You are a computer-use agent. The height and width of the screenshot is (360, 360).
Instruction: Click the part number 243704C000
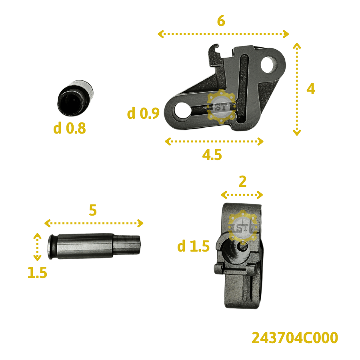coord(295,338)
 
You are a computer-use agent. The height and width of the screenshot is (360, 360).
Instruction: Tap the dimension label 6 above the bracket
coord(221,21)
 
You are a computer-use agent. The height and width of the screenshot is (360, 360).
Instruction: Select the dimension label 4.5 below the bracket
coord(212,154)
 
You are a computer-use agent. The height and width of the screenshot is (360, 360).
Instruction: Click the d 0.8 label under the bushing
coord(70,128)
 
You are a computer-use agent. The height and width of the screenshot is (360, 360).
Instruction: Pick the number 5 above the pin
coord(93,210)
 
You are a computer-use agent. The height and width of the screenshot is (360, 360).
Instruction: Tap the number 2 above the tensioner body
coord(242,182)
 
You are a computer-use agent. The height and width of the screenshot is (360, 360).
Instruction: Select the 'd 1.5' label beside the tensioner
coord(193,246)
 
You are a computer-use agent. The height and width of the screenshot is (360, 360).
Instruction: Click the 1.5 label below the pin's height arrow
coord(37,272)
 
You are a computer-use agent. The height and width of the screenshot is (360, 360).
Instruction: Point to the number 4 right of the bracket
coord(311,89)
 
